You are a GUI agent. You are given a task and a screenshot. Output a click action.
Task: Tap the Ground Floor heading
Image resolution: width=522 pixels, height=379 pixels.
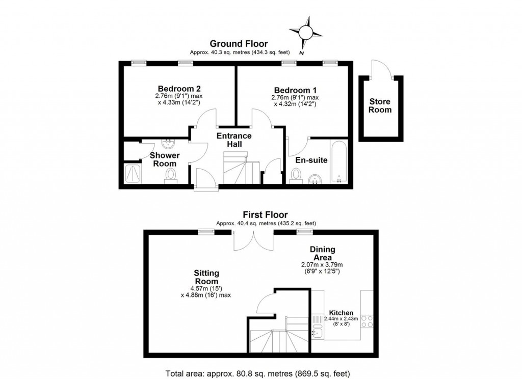(x=239, y=44)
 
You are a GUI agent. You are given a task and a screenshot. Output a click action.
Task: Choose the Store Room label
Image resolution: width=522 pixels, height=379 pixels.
(x=380, y=105)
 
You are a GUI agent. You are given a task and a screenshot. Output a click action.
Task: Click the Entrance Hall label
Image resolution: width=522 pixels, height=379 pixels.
(x=234, y=140)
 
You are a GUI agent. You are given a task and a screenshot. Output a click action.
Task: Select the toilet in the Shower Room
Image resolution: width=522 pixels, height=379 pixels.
(x=170, y=175)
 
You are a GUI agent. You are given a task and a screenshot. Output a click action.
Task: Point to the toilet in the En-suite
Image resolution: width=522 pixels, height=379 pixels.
(x=295, y=176)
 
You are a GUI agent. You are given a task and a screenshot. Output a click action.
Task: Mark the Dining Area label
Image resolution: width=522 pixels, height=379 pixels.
(x=323, y=253)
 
